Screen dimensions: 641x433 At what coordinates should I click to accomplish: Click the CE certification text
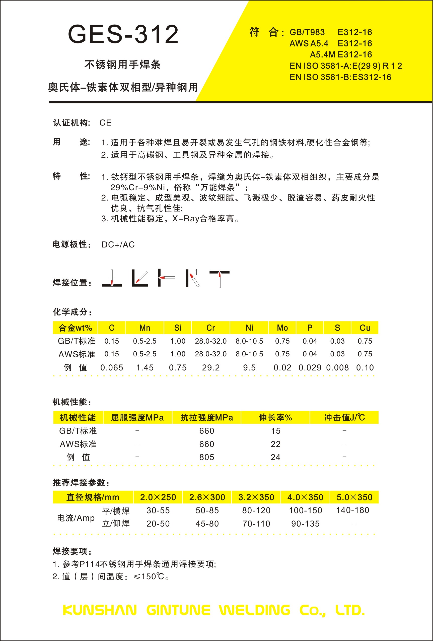point(105,123)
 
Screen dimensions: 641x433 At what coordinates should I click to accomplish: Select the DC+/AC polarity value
point(118,245)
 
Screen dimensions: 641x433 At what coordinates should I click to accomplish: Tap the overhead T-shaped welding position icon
point(220,279)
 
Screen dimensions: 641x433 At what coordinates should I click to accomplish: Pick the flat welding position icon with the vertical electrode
point(112,278)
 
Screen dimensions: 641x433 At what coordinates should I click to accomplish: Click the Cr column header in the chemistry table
point(210,328)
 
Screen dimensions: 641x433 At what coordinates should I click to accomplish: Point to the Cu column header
point(365,328)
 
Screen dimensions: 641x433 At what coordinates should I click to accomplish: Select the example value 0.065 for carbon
point(112,368)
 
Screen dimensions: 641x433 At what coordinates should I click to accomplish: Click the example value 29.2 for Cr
point(210,368)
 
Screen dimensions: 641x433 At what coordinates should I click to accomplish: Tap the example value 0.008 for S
point(337,368)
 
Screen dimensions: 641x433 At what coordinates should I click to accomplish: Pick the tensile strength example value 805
point(206,457)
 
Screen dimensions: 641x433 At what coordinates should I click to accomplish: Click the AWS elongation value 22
point(275,444)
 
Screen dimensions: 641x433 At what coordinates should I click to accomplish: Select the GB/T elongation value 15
point(275,431)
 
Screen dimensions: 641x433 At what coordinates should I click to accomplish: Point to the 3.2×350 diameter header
point(256,497)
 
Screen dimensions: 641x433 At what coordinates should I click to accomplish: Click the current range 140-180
point(352,510)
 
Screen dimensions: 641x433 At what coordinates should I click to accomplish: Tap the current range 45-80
point(207,524)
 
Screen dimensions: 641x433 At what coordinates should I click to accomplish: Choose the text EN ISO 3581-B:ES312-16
point(340,77)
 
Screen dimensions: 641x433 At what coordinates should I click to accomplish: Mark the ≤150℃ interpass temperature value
point(149,576)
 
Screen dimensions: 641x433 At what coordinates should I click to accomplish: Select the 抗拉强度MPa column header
point(206,418)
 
